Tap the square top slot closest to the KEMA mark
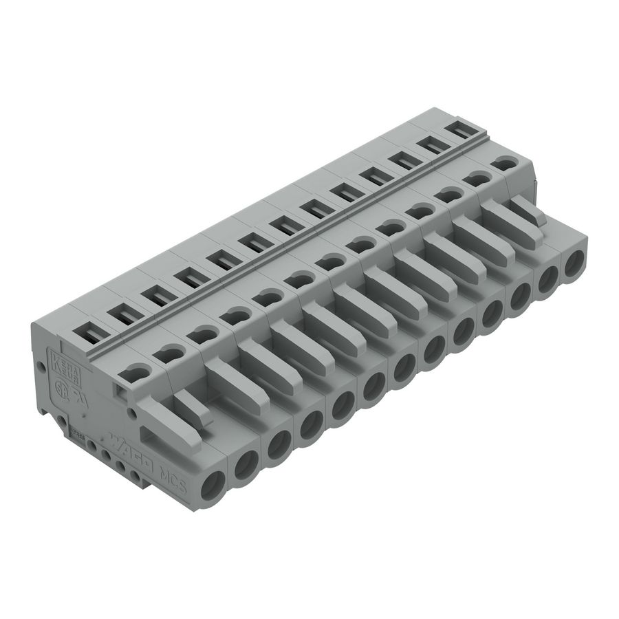[90, 333]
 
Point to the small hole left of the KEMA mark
[42, 367]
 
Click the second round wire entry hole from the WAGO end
[246, 464]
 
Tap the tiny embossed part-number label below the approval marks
[78, 431]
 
